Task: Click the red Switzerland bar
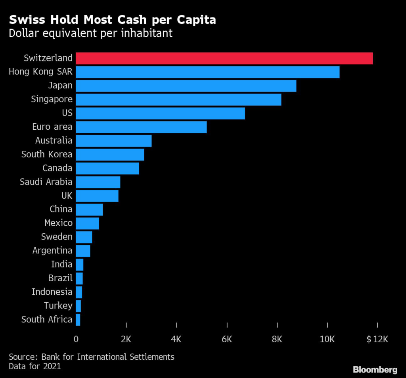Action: [224, 58]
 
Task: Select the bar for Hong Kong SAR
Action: [207, 72]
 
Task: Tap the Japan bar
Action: [186, 86]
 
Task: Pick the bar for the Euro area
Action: [141, 127]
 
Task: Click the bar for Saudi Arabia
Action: [98, 182]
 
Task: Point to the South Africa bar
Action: [78, 319]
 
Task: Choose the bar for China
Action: [89, 209]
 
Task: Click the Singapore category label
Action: [52, 99]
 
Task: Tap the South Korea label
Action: [47, 154]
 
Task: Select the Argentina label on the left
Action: [52, 251]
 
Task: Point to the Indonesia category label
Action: [52, 292]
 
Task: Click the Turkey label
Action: [59, 306]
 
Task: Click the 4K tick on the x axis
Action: [176, 339]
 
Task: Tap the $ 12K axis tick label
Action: [376, 339]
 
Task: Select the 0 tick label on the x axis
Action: [76, 339]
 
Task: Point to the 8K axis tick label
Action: [277, 339]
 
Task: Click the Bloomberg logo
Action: [375, 370]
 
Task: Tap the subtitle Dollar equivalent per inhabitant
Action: [91, 33]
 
